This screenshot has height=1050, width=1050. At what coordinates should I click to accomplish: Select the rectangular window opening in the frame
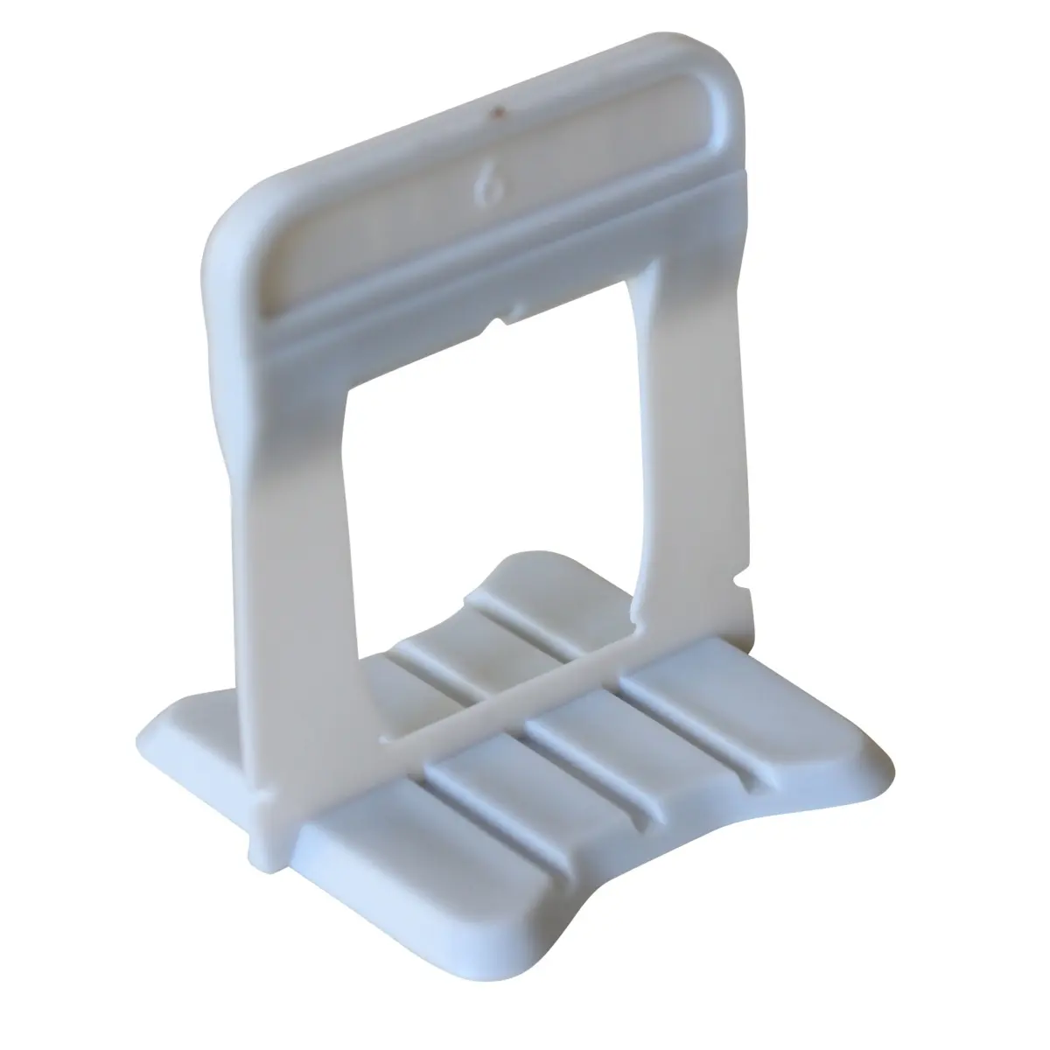pos(493,485)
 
